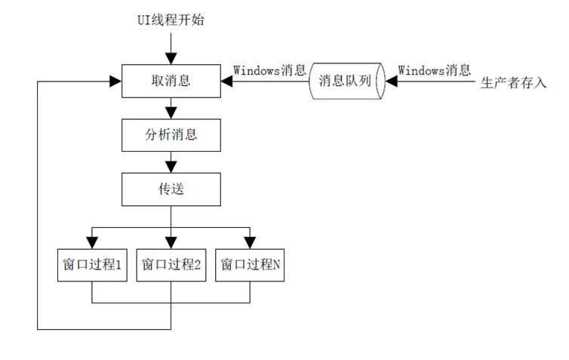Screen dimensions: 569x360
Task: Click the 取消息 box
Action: point(171,81)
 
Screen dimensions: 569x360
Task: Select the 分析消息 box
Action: point(171,135)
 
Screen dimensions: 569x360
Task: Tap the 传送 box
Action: point(171,189)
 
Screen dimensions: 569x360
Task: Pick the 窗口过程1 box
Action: point(92,265)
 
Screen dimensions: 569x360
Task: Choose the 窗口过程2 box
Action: point(171,265)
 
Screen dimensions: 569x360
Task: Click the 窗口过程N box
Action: point(250,265)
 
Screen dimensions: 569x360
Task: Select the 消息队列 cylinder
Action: point(346,81)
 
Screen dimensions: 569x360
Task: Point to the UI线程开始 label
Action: point(171,20)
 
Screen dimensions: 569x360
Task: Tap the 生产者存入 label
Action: point(513,82)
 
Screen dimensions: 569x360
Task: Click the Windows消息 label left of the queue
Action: point(269,70)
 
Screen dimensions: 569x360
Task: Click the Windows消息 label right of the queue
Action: point(435,70)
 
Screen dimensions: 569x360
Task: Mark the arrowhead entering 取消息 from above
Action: point(171,59)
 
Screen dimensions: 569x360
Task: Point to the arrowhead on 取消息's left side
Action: point(115,82)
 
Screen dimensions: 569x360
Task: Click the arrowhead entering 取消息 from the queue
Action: point(227,82)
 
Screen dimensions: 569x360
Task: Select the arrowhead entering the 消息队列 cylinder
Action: point(391,82)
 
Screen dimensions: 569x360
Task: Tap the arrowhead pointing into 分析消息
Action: point(171,113)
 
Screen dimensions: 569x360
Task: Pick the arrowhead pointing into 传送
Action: point(171,168)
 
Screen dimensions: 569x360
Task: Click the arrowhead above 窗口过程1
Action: point(92,243)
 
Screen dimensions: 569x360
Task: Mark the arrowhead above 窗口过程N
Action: point(250,243)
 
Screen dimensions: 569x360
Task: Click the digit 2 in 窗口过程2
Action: point(197,265)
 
